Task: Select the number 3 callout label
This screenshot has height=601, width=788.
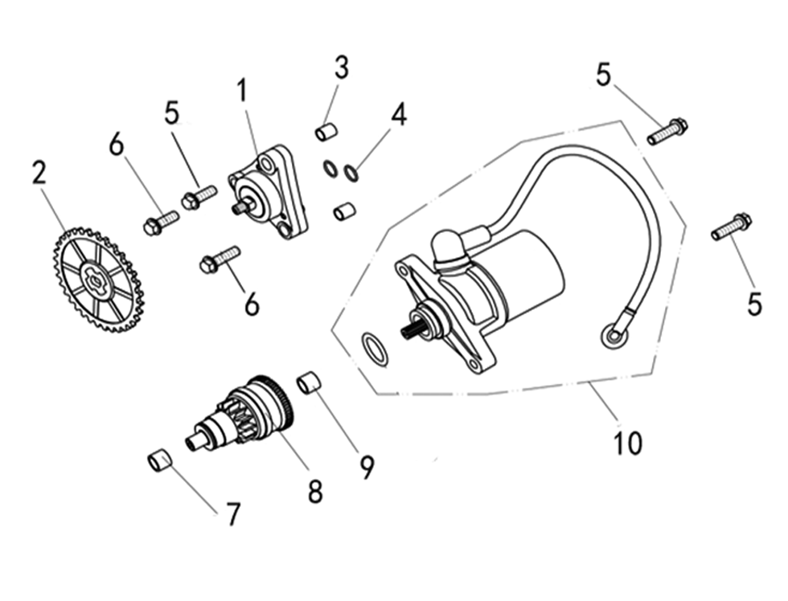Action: pyautogui.click(x=342, y=68)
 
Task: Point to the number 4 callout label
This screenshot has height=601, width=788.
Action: pyautogui.click(x=398, y=114)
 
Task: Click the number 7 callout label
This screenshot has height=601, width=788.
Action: pyautogui.click(x=232, y=514)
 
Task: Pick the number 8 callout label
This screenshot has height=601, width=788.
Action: pyautogui.click(x=314, y=490)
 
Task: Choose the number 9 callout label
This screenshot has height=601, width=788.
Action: pyautogui.click(x=367, y=467)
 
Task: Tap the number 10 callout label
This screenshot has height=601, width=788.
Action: pyautogui.click(x=628, y=443)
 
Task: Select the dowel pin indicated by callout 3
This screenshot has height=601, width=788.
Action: pyautogui.click(x=325, y=132)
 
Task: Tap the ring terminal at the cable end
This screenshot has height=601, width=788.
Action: pyautogui.click(x=615, y=336)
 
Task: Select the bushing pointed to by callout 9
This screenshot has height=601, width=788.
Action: pyautogui.click(x=310, y=382)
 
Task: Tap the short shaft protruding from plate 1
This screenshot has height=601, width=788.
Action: pyautogui.click(x=240, y=208)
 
